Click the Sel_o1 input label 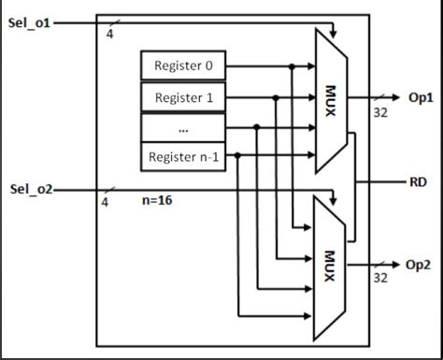pos(30,22)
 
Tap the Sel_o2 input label pos(31,190)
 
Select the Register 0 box pos(183,66)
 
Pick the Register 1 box pos(183,97)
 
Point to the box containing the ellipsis pos(183,127)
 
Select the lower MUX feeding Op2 pos(330,267)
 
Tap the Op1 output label pos(421,97)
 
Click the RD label pos(418,182)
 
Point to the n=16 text pos(157,200)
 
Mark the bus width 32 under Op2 pos(380,278)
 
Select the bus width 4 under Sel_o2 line pos(104,203)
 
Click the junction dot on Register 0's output pos(293,66)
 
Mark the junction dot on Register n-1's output pos(238,156)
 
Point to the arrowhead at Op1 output pos(398,97)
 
